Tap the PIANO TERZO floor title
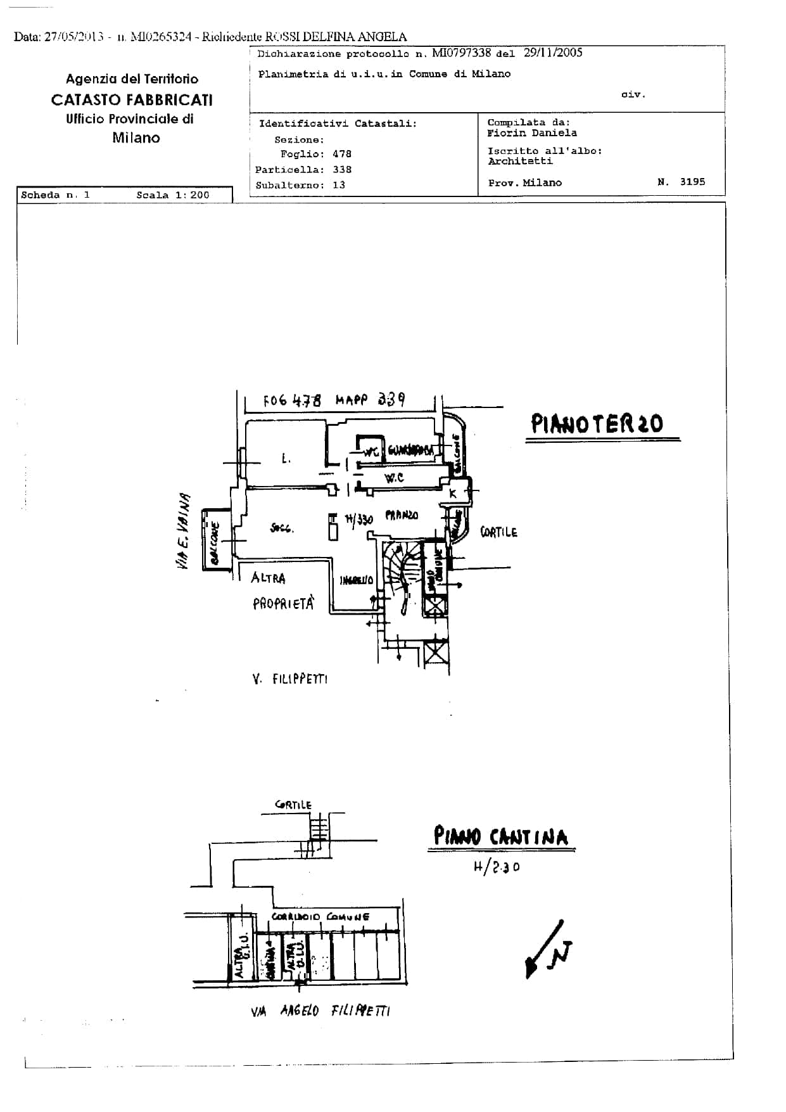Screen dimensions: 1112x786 597,423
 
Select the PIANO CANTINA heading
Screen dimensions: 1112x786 500,836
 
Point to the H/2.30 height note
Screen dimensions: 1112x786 497,867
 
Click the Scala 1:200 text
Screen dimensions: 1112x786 172,195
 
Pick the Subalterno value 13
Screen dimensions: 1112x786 338,185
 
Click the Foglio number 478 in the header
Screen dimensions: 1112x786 341,154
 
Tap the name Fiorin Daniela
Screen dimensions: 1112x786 531,133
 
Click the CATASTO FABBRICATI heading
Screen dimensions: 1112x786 132,100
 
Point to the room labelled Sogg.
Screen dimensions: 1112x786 282,528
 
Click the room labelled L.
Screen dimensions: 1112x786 286,458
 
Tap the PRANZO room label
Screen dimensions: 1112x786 402,515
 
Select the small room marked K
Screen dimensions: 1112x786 453,493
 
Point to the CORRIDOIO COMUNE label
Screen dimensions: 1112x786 320,917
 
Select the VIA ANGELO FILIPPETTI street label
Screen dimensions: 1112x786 320,1011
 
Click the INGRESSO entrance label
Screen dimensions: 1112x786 356,580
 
